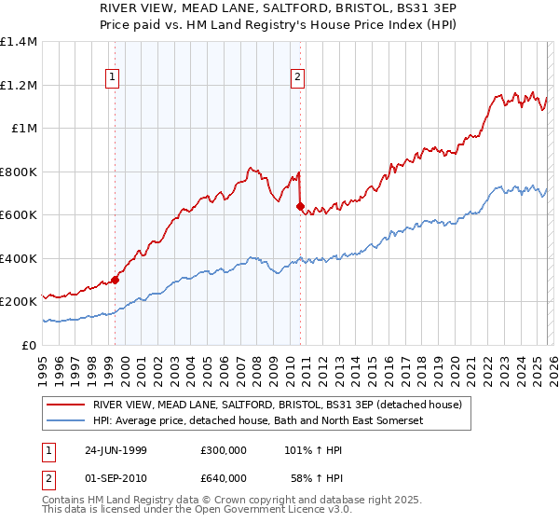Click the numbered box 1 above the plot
(112, 77)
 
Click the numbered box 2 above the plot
(297, 77)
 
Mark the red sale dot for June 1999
(116, 280)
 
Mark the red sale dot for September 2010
(300, 207)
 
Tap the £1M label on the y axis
(24, 129)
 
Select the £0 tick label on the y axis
(30, 345)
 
